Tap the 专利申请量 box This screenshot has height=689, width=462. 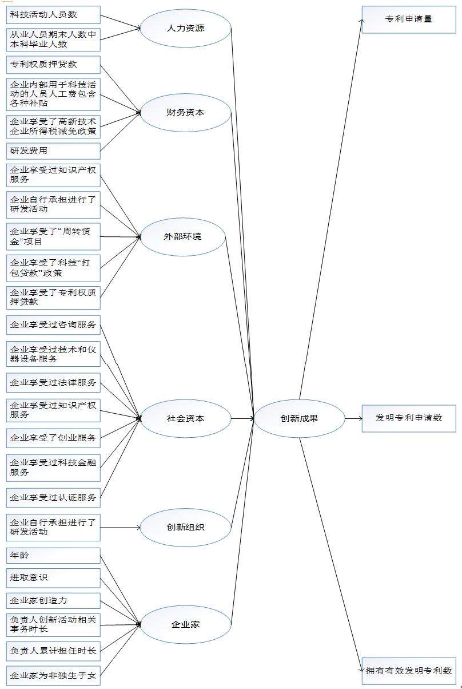pos(409,19)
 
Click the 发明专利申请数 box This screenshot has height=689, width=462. pos(409,418)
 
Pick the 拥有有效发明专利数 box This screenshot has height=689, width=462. pos(409,671)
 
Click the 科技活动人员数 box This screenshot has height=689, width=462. pos(53,15)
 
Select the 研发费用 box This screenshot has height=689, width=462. pos(53,151)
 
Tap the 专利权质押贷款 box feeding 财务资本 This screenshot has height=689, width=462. pos(53,65)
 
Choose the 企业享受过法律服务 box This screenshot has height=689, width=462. pos(53,383)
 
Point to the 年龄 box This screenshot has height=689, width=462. pos(53,556)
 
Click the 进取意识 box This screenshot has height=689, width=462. pos(53,578)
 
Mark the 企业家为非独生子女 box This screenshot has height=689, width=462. pos(53,676)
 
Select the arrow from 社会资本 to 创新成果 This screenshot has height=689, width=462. pos(242,418)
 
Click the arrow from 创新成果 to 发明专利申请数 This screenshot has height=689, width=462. pos(353,418)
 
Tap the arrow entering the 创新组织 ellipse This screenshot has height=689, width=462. pos(120,528)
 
